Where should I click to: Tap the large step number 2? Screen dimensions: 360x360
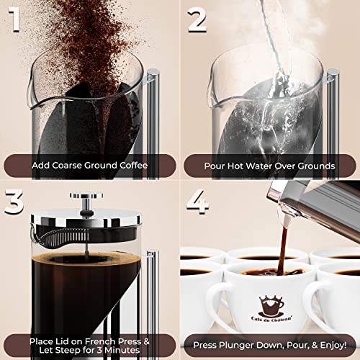(199, 22)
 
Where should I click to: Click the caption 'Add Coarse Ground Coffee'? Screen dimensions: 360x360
(89, 166)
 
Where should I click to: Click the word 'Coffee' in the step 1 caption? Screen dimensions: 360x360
(132, 166)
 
